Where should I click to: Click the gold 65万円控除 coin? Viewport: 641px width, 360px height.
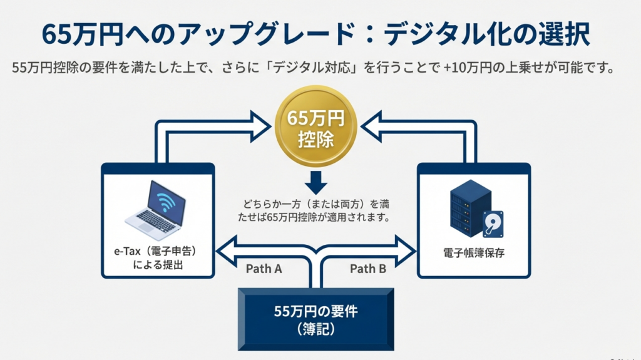pyautogui.click(x=315, y=128)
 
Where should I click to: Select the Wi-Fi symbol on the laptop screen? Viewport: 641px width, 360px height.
pyautogui.click(x=165, y=201)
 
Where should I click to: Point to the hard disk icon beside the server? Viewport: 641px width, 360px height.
pyautogui.click(x=494, y=224)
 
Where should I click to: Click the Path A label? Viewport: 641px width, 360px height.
pyautogui.click(x=263, y=269)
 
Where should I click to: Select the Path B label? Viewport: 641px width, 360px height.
pyautogui.click(x=367, y=269)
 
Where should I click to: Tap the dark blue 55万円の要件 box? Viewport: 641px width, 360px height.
pyautogui.click(x=315, y=319)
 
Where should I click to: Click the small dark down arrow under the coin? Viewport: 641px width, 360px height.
pyautogui.click(x=315, y=183)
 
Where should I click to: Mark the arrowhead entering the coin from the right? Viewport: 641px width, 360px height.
pyautogui.click(x=372, y=125)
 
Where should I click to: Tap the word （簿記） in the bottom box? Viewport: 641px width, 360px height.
pyautogui.click(x=315, y=329)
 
